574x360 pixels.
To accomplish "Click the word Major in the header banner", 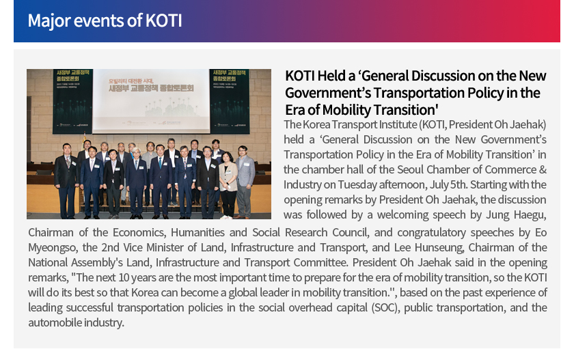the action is (49, 21).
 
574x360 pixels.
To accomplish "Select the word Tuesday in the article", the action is (357, 184).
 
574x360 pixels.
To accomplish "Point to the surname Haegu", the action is (530, 214).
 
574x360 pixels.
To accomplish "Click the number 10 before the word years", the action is (124, 277).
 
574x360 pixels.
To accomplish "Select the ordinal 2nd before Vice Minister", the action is (110, 248).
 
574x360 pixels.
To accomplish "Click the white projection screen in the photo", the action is (151, 101).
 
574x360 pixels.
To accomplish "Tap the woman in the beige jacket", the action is (228, 184).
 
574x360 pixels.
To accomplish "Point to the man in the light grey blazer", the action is (244, 181).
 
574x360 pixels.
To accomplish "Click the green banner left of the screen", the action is (72, 101).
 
